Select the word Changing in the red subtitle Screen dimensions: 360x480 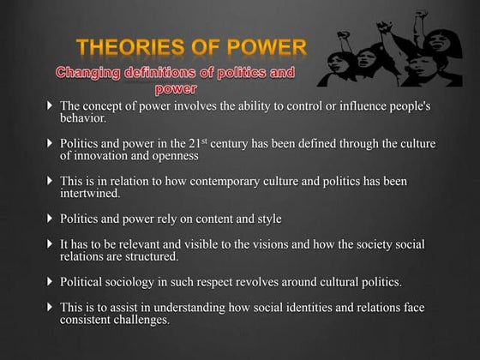pyautogui.click(x=89, y=73)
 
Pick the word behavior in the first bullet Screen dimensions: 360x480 pyautogui.click(x=83, y=120)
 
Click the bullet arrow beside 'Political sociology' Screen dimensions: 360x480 pyautogui.click(x=50, y=281)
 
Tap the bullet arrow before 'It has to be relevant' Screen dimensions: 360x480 pyautogui.click(x=50, y=244)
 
